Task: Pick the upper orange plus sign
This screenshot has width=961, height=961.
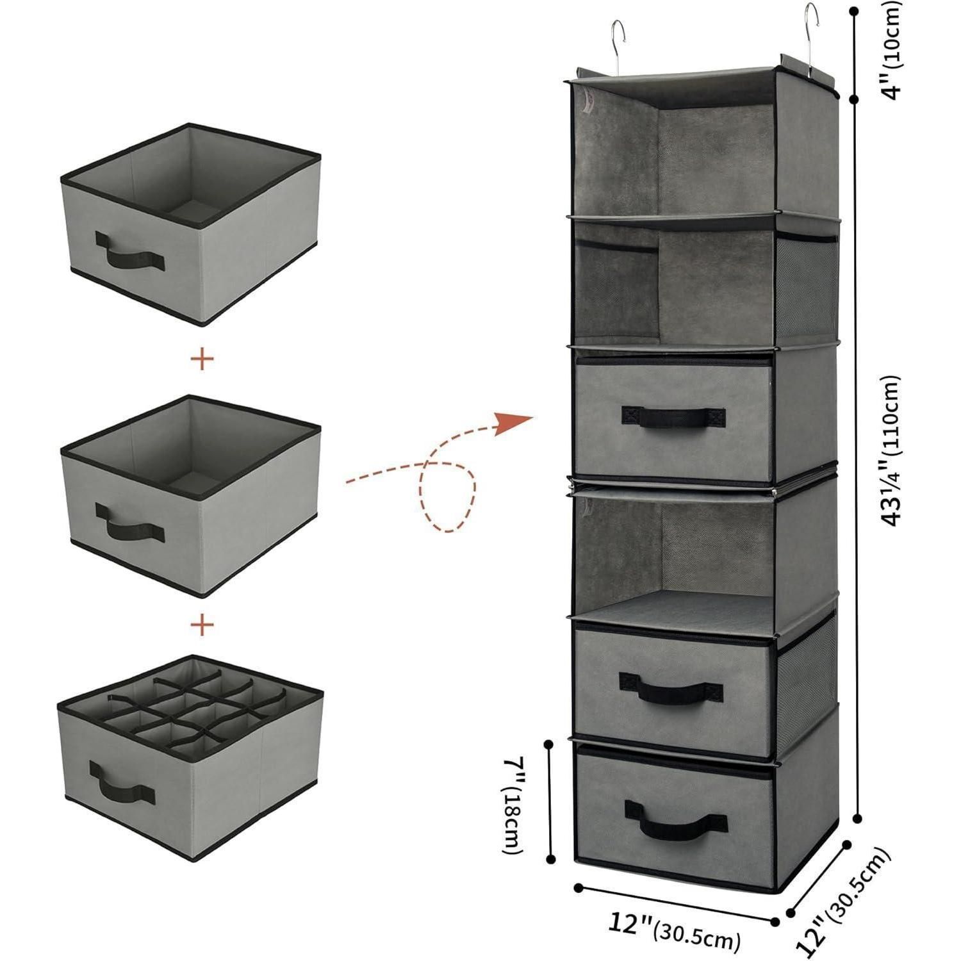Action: pyautogui.click(x=202, y=359)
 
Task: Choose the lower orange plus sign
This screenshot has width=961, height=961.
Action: pyautogui.click(x=202, y=625)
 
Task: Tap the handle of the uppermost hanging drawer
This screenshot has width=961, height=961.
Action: pyautogui.click(x=672, y=416)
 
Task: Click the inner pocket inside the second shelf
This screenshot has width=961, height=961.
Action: pyautogui.click(x=616, y=282)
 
